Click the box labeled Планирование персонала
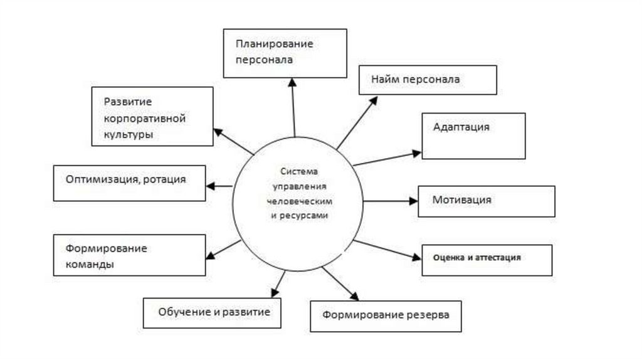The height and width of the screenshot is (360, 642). [x=285, y=53]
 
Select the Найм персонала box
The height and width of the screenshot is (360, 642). [x=428, y=80]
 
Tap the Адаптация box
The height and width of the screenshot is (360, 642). [x=473, y=135]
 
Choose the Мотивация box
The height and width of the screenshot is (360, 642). [x=486, y=201]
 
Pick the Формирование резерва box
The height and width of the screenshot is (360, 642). [x=386, y=315]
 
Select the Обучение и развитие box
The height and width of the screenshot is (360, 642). [x=211, y=312]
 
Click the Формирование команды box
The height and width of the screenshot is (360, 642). [x=130, y=255]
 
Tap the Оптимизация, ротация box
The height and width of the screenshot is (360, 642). [x=130, y=183]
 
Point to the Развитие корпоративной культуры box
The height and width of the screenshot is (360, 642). [x=152, y=117]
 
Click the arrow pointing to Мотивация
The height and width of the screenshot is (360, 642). [x=390, y=201]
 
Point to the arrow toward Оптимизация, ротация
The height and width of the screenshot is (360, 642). [x=220, y=186]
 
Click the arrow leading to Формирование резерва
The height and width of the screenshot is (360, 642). [x=339, y=283]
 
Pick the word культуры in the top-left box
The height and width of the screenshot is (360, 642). [x=129, y=134]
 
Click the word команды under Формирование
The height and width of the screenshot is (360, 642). [x=90, y=265]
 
